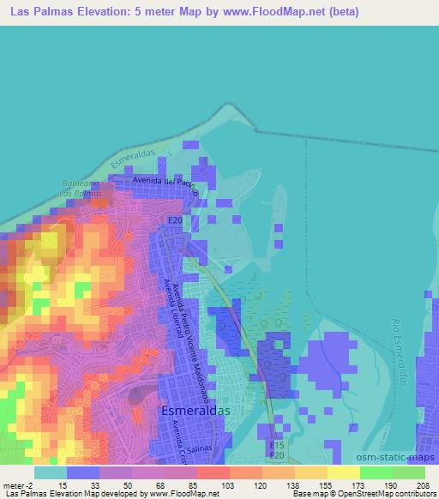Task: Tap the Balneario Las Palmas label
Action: [x=81, y=189]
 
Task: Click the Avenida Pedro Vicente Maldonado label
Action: [x=190, y=322]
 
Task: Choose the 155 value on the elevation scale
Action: [x=326, y=485]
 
